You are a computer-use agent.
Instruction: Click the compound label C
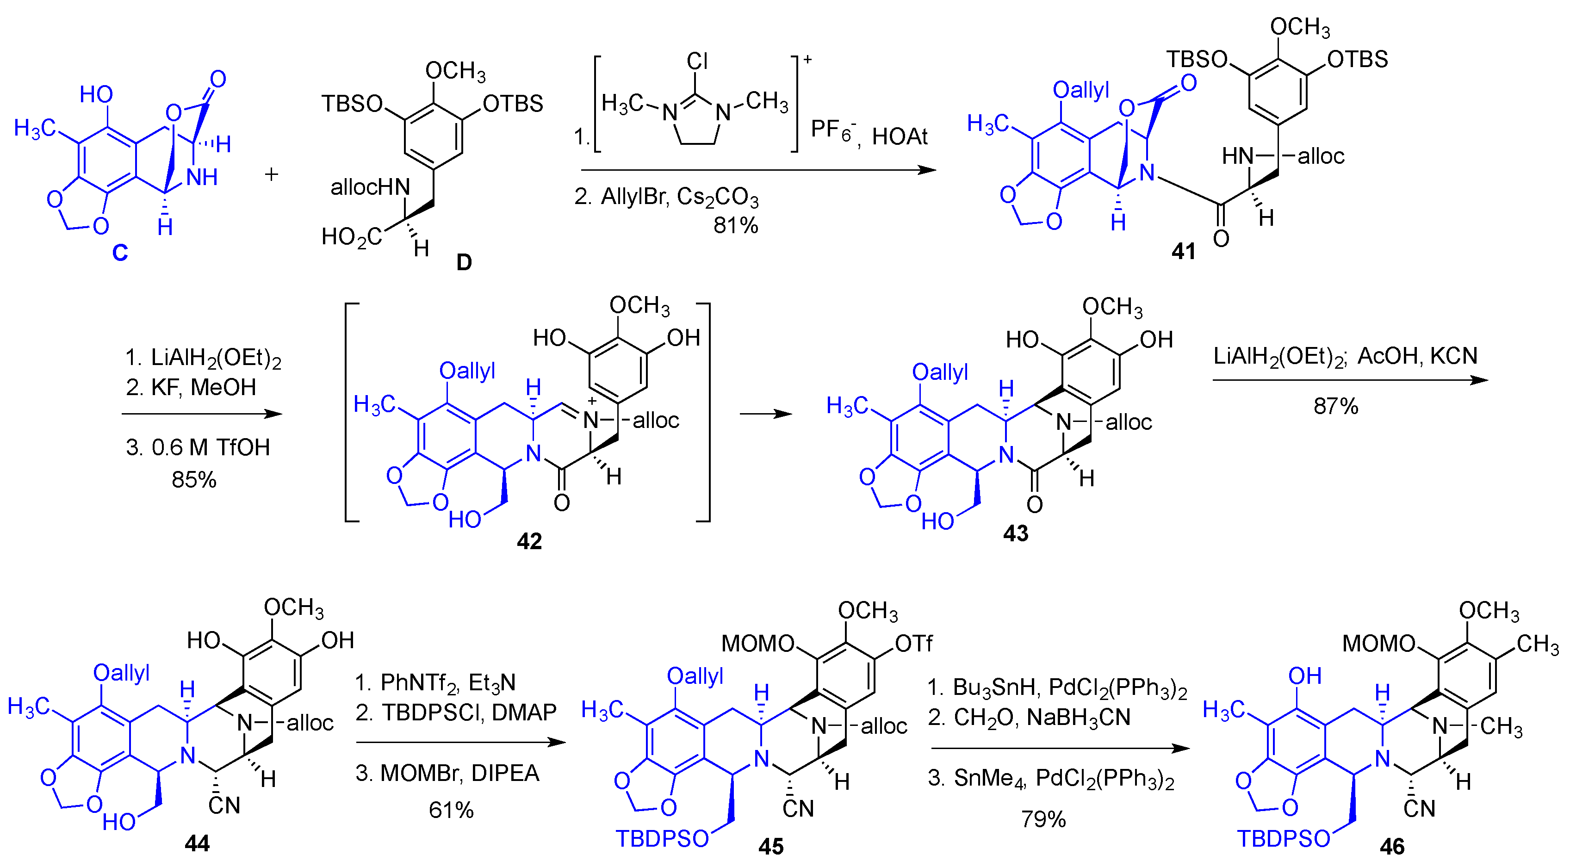click(120, 252)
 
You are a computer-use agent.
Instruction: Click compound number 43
click(1015, 533)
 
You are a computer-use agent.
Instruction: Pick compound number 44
click(197, 843)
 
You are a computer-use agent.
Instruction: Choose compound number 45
click(771, 846)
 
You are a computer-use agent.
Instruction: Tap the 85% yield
click(194, 480)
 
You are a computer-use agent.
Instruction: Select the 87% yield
click(1335, 406)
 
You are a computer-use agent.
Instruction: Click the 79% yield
click(1043, 819)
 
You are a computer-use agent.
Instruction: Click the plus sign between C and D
click(271, 175)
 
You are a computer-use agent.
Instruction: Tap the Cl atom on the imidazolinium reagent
click(697, 61)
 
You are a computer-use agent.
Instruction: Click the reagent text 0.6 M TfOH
click(210, 448)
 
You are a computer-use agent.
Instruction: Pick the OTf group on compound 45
click(912, 644)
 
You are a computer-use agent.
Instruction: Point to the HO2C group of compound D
click(352, 237)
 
